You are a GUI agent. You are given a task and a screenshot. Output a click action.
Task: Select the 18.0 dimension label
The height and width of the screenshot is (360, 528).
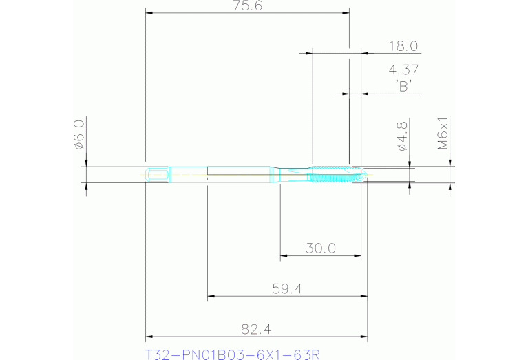coord(403,46)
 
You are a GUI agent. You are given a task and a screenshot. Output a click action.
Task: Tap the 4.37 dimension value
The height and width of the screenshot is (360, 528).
coord(403,70)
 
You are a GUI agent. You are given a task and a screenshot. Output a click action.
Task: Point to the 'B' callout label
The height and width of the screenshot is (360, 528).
coord(403,86)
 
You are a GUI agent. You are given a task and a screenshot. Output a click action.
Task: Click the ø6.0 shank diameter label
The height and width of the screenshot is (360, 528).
coord(78,134)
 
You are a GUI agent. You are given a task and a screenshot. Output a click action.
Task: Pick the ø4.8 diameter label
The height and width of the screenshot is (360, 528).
coord(403,134)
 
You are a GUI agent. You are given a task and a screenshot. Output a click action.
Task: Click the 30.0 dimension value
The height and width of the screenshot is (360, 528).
coord(321,248)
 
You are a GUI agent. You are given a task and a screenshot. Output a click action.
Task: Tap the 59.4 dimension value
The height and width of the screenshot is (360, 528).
coord(288,288)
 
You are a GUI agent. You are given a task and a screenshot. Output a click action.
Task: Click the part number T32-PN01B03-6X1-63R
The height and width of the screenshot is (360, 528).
coord(233,354)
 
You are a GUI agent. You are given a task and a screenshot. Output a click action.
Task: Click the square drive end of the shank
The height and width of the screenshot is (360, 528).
coord(158,174)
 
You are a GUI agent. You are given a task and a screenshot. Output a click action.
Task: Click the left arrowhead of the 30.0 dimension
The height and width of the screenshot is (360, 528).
coord(283,257)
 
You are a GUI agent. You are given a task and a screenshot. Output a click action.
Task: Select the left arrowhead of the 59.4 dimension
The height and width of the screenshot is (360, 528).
coord(211,297)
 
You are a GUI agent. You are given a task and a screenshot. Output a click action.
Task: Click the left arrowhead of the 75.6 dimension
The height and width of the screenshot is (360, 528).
coord(149,13)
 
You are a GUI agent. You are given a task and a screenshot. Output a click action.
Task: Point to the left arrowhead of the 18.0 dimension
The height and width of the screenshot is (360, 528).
coord(308,53)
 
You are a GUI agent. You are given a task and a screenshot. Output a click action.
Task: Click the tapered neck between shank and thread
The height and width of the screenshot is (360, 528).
coord(293,174)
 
